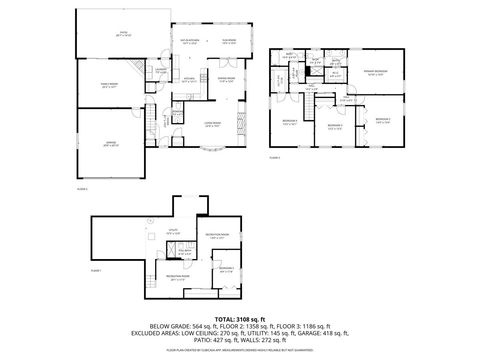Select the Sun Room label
tap(228, 43)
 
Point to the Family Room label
tap(110, 85)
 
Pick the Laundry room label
tap(161, 70)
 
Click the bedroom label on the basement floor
tap(226, 269)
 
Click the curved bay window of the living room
tap(212, 152)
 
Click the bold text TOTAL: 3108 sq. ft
tap(240, 319)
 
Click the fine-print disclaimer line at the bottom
tap(240, 351)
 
